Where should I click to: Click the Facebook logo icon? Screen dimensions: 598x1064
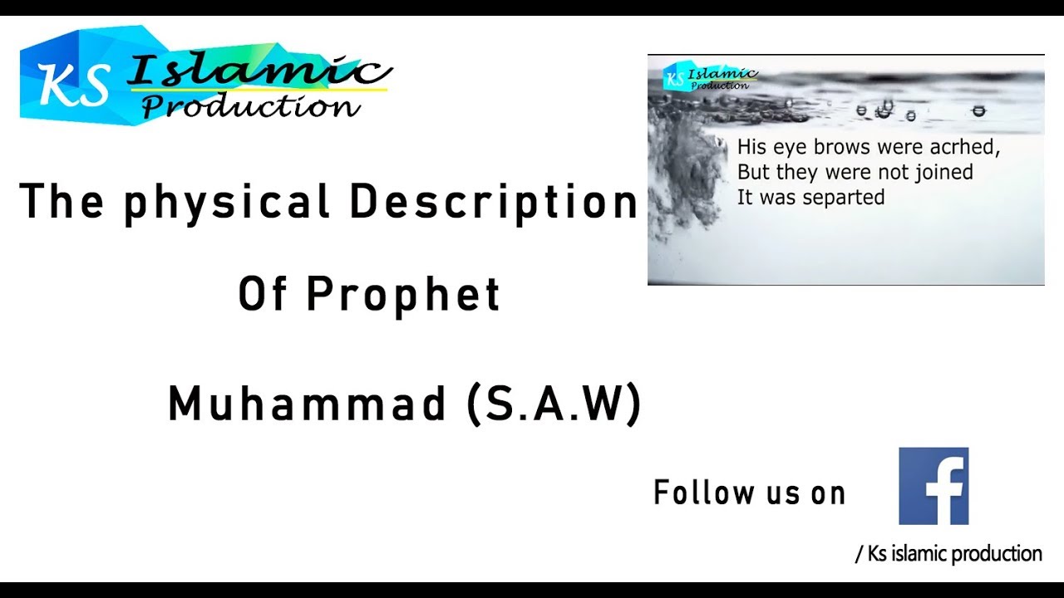933,486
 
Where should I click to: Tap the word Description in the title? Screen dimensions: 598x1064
494,202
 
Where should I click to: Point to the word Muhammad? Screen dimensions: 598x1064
308,404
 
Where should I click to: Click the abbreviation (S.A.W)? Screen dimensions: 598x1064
554,404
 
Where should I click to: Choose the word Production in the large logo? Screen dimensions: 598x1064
249,106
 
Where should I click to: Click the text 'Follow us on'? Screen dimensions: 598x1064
749,493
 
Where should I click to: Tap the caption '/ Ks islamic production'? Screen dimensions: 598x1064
948,554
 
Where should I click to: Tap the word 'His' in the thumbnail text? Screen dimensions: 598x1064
751,149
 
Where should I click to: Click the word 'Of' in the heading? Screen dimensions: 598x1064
263,294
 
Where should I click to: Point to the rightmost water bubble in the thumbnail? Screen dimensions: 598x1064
978,110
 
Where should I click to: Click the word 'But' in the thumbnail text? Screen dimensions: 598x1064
753,173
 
